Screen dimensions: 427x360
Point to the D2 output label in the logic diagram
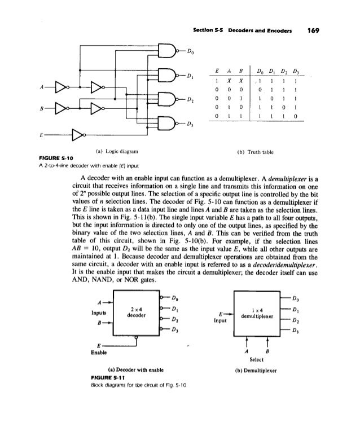click(x=191, y=99)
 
